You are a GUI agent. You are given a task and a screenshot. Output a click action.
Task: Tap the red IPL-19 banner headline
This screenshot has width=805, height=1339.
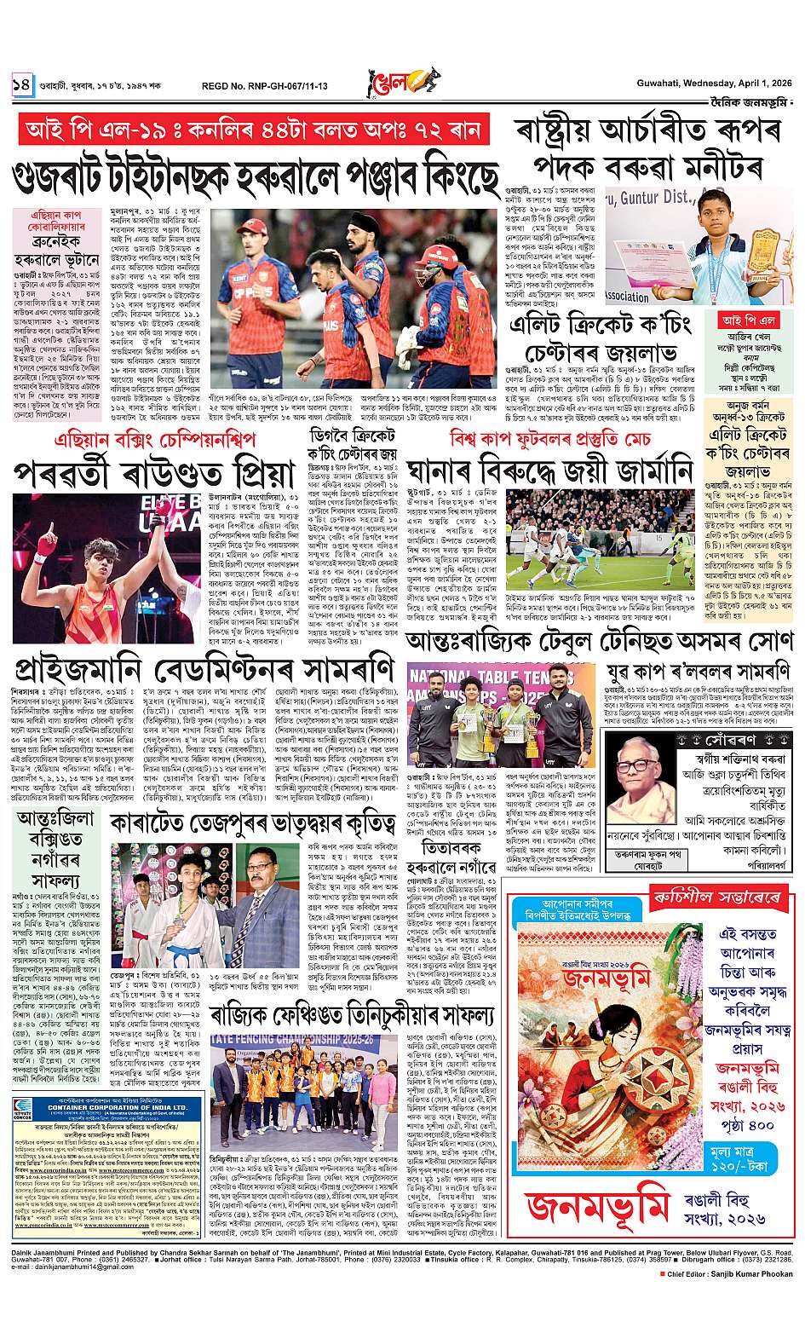click(x=253, y=130)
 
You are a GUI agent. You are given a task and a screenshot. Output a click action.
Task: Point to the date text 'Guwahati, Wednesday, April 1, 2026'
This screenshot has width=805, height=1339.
click(x=715, y=83)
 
